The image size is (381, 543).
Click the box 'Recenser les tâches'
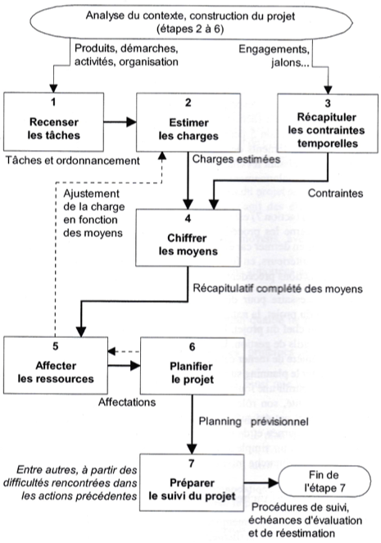point(53,122)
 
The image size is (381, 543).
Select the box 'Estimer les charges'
point(188,122)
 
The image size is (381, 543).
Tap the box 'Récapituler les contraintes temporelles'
point(328,123)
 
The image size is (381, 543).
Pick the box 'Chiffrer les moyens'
point(188,238)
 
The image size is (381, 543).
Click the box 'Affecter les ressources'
point(56,365)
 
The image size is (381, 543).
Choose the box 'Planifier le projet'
point(193,366)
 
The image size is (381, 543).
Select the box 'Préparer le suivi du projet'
point(192,482)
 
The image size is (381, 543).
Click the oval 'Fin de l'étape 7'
point(324,481)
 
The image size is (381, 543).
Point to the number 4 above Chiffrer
point(188,218)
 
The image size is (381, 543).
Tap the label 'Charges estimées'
point(236,159)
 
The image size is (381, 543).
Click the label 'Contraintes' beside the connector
point(335,194)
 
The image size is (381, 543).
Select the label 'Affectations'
point(127,402)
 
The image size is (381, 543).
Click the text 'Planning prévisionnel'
point(253,422)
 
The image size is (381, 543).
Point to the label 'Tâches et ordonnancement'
point(73,161)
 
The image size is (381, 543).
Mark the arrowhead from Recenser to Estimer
point(131,122)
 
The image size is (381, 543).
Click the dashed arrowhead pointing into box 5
point(111,352)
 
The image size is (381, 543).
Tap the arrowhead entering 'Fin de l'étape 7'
point(274,482)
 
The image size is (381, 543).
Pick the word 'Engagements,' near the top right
point(274,49)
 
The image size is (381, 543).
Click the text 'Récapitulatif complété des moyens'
point(278,289)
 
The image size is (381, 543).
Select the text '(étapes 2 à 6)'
point(190,29)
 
